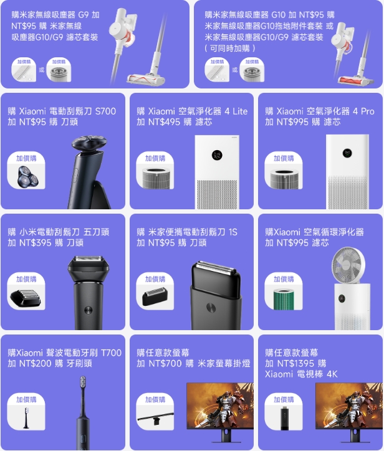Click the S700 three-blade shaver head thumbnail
click(27, 177)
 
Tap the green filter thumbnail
click(284, 300)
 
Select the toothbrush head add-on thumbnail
click(26, 418)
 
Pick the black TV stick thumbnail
click(284, 419)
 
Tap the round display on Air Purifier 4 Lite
click(217, 155)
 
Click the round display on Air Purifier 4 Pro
click(347, 153)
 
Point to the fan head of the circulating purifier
click(348, 263)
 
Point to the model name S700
click(105, 111)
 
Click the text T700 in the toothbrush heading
click(111, 353)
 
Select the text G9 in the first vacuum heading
click(83, 15)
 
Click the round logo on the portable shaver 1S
click(211, 307)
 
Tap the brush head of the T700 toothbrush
click(83, 382)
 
